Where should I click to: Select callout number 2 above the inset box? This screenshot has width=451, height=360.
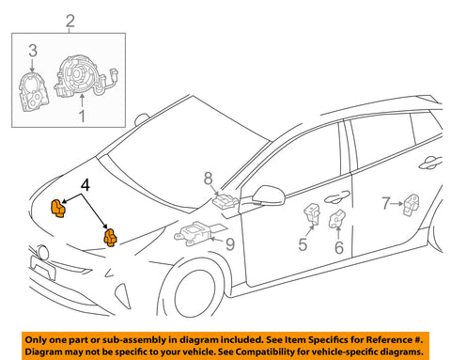[67, 21]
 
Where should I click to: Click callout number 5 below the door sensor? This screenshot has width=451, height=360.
[303, 246]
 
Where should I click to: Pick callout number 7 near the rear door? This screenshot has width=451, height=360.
[387, 201]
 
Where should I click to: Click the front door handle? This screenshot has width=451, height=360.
[335, 196]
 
